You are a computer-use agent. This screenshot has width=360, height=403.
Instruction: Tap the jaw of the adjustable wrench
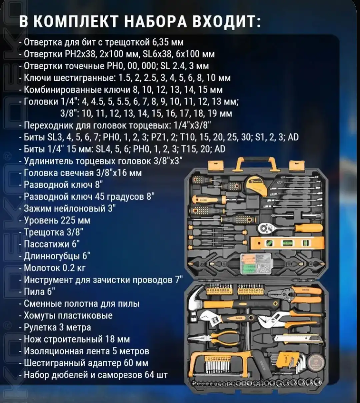(207, 319)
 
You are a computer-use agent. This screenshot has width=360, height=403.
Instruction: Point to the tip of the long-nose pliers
(193, 338)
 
